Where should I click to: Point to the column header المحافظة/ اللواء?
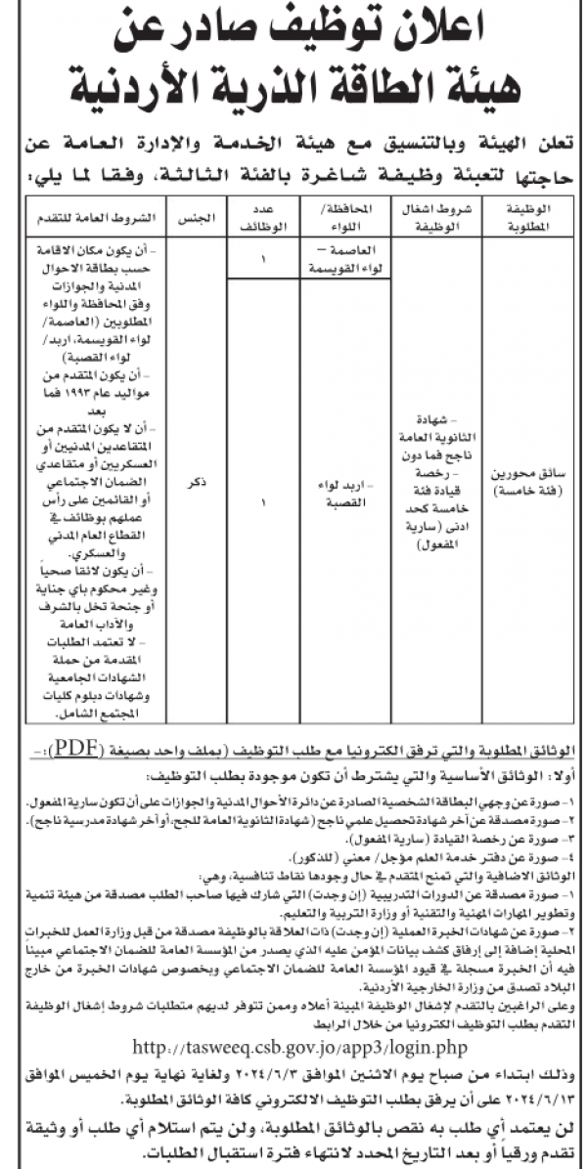331,216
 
